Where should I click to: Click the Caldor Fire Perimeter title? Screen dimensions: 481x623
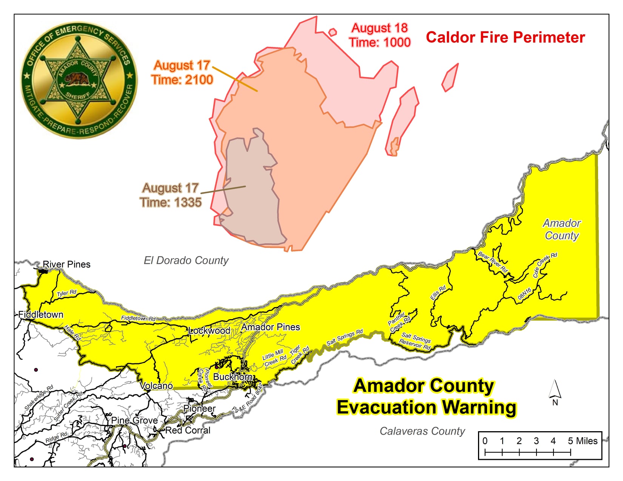click(505, 37)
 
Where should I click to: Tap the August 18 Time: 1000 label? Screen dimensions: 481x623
click(379, 35)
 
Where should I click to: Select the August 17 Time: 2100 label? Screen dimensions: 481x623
click(182, 72)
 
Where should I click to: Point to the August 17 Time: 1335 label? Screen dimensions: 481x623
click(170, 195)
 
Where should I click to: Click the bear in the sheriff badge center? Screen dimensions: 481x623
click(77, 80)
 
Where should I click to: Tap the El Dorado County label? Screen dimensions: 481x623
click(186, 261)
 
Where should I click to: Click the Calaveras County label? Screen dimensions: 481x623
click(422, 431)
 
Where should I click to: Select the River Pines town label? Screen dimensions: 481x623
click(66, 264)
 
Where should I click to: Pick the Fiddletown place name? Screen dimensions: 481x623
click(41, 315)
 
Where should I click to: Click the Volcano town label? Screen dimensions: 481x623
click(156, 386)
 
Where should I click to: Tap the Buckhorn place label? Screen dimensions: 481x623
click(233, 377)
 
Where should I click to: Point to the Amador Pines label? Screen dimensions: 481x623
click(271, 327)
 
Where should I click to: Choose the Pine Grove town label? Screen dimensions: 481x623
click(134, 420)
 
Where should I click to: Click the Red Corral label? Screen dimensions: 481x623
click(188, 430)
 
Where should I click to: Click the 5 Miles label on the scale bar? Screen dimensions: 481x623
click(583, 441)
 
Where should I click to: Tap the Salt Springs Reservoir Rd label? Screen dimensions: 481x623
click(415, 341)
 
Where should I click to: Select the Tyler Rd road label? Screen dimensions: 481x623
click(67, 293)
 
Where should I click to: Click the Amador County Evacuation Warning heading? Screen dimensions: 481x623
click(426, 397)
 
